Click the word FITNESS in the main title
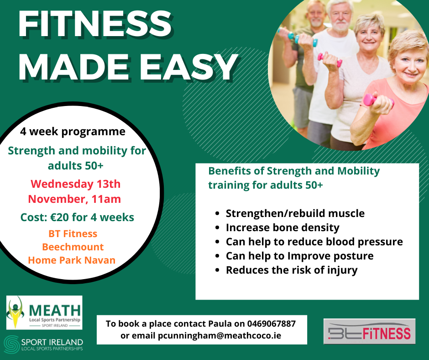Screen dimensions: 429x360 coord(95,24)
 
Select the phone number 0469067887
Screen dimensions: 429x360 coord(272,323)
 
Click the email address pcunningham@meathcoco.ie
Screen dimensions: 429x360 coord(220,336)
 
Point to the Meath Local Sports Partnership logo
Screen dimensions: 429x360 coord(44,312)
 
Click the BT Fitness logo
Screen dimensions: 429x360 coord(369,331)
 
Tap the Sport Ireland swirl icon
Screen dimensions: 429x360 coord(12,344)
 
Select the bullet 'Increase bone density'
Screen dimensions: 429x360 coord(283,228)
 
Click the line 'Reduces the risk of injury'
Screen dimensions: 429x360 coord(292,270)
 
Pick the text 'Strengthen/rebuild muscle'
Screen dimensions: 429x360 coord(295,213)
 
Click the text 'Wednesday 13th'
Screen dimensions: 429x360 coord(75,184)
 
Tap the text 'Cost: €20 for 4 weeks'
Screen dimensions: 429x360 coord(77,217)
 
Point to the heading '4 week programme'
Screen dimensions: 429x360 coord(73,132)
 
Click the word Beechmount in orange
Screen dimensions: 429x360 coord(73,247)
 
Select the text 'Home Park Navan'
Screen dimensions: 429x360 coord(72,260)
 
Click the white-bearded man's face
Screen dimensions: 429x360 coord(340,17)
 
